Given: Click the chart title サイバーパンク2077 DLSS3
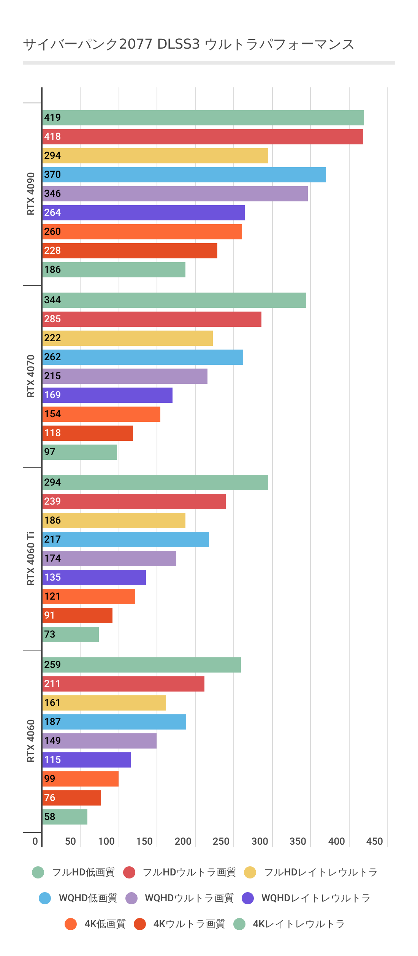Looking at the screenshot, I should coord(188,44).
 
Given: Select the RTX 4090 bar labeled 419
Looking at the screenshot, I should coord(203,118).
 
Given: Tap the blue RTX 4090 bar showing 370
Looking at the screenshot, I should coord(184,175).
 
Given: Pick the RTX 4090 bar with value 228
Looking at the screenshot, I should coord(130,251).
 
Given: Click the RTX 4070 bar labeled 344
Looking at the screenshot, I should coord(174,300).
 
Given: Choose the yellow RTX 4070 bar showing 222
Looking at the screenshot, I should coord(127,338).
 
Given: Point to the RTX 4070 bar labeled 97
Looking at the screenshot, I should coord(79,452).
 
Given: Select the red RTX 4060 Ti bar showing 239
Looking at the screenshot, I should coord(134,502).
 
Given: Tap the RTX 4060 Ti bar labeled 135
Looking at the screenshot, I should coord(94,578).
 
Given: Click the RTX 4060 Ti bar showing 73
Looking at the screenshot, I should coord(70,635).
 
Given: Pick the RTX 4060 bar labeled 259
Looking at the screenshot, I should coord(141,665).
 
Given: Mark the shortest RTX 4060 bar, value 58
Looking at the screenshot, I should coord(65,817).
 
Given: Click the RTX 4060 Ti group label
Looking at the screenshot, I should coord(31,559).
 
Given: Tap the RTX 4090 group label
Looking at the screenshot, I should coord(31,194).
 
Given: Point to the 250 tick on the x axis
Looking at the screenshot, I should coord(221,841).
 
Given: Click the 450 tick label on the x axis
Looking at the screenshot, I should coord(374,841).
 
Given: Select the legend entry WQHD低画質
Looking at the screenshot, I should coord(88,898).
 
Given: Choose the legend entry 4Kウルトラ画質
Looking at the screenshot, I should coord(189,924).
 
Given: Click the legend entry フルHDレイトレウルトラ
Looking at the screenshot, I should coord(320,872).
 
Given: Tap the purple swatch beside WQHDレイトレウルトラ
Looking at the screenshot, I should coord(248,898).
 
